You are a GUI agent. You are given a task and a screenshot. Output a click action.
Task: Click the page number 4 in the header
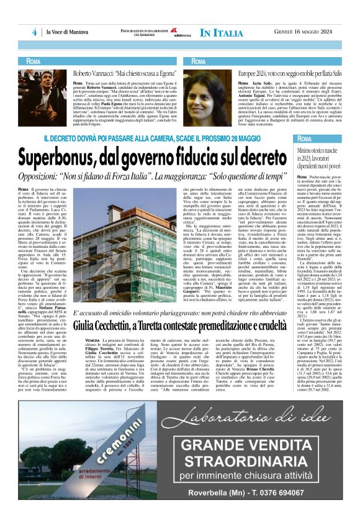pos(35,32)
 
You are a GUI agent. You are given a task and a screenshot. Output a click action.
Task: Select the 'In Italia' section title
pos(222,32)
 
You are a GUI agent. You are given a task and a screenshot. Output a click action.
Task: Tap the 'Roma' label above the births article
pos(307,139)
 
